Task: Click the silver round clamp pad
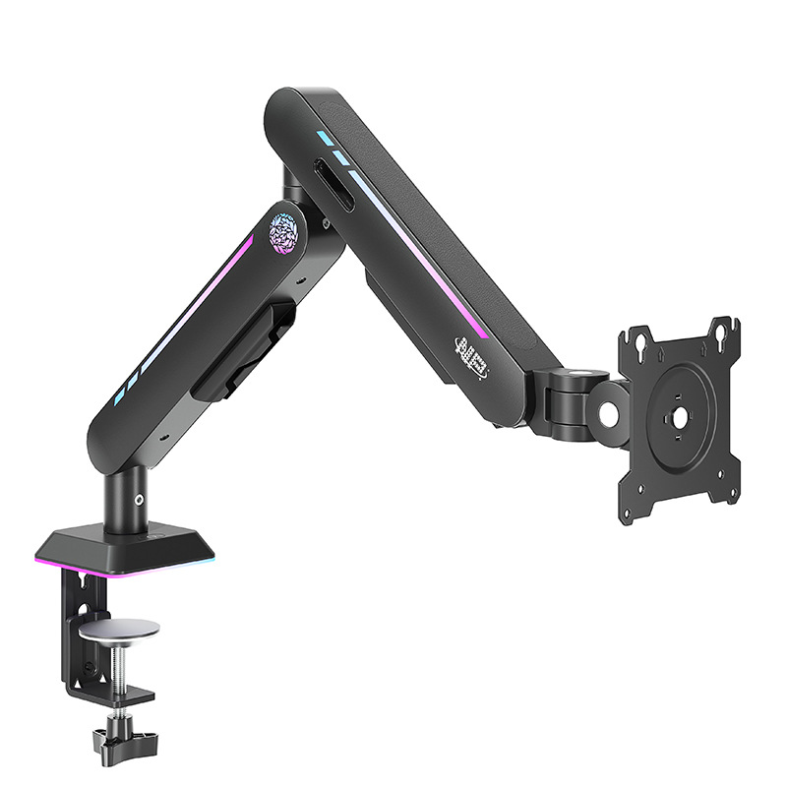pyautogui.click(x=120, y=630)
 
